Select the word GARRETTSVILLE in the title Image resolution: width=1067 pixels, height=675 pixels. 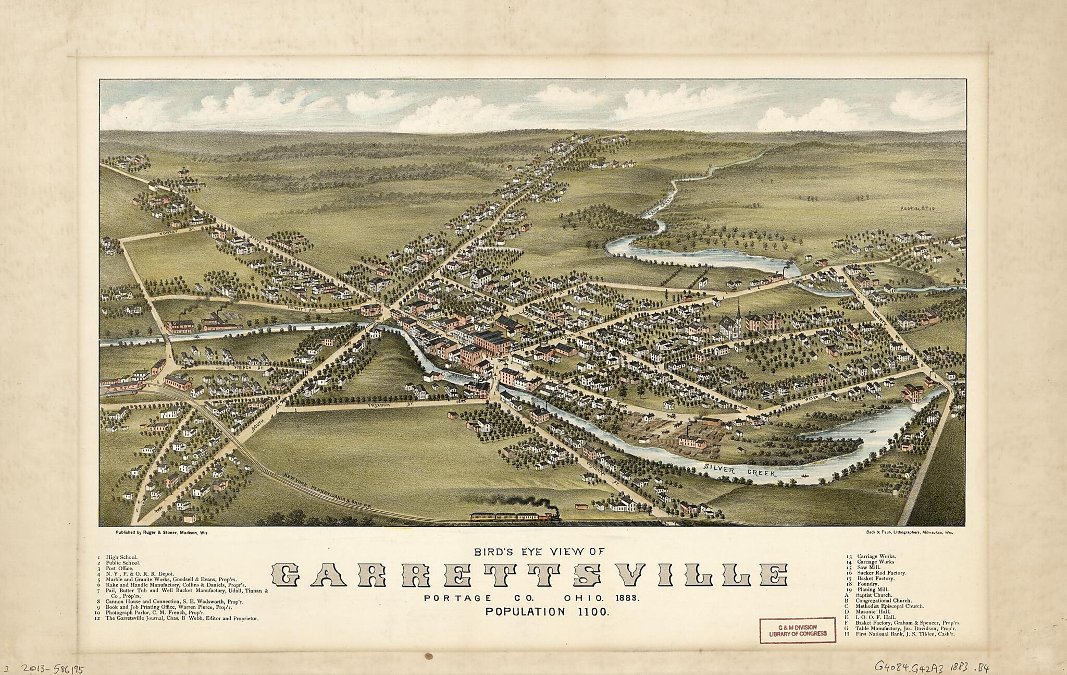530,575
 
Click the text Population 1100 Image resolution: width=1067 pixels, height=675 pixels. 547,612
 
